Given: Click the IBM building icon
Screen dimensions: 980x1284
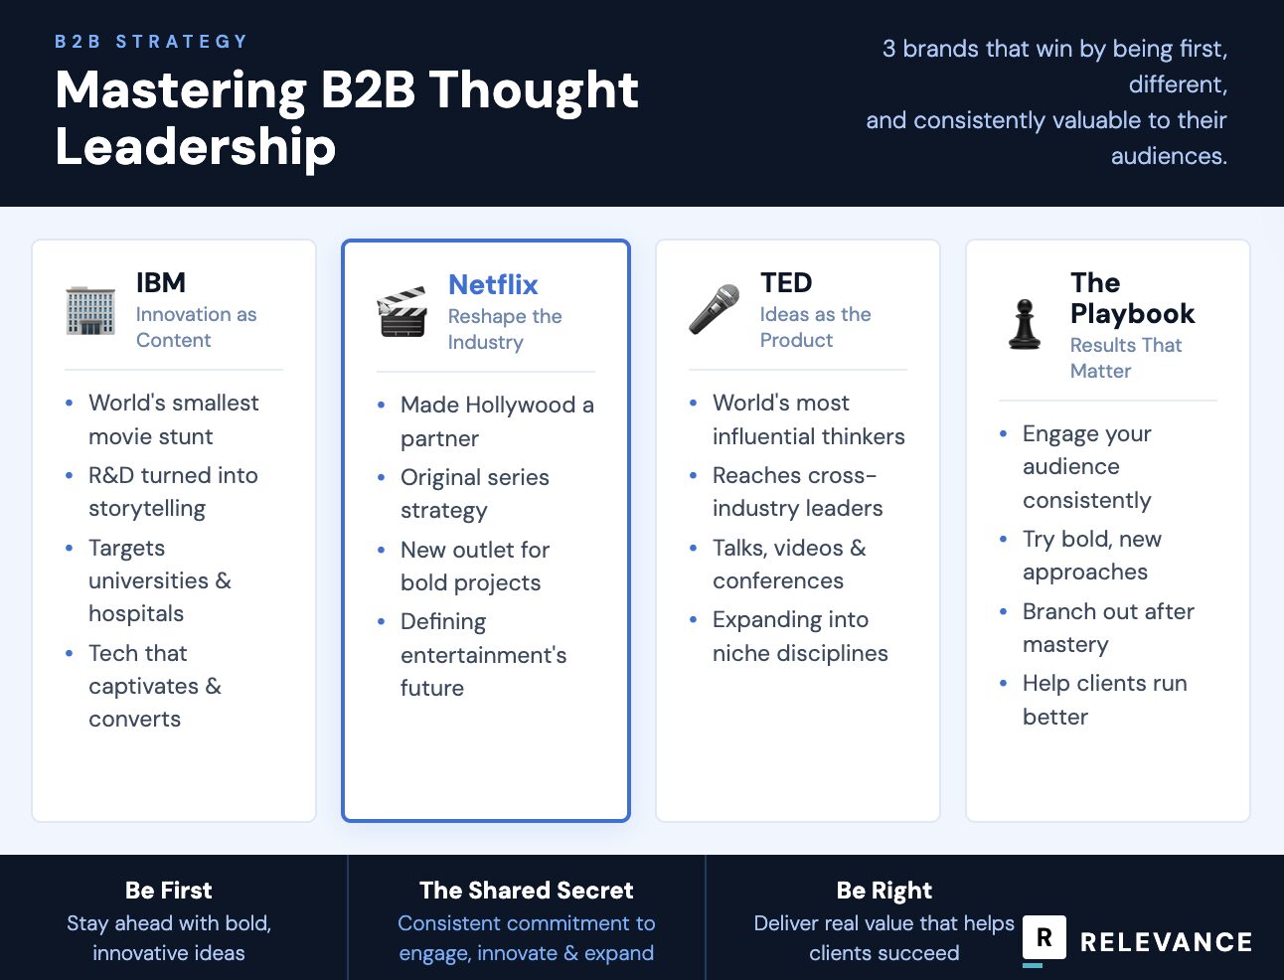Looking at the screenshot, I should (90, 310).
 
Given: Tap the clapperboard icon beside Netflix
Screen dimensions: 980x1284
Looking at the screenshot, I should (402, 312).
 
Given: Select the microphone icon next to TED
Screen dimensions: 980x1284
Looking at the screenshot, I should (715, 309).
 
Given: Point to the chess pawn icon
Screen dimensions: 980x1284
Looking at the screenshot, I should (1025, 325).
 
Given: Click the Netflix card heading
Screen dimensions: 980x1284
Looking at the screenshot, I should (493, 284).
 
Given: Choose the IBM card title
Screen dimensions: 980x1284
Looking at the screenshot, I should (161, 282).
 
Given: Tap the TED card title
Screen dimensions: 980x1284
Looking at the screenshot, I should (786, 282).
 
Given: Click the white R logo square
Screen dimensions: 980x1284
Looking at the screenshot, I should (1044, 937).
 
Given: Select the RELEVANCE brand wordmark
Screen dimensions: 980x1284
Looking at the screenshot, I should (1166, 942).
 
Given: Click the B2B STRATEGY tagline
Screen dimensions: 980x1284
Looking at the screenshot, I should (151, 42).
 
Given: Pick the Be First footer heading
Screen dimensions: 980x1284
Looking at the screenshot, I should (169, 890).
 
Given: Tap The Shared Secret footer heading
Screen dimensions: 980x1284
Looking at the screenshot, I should (527, 890).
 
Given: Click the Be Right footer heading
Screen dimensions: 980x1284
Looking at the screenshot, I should (884, 890).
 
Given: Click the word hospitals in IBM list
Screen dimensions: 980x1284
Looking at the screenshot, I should (136, 613).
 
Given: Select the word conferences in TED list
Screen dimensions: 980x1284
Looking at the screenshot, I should (778, 580).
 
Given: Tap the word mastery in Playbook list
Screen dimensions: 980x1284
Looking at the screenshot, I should (1065, 644).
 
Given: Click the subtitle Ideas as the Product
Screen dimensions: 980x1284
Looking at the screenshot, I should (815, 327).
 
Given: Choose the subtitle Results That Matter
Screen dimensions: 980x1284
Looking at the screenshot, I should (1125, 358).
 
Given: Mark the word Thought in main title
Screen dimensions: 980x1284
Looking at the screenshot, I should (534, 89).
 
